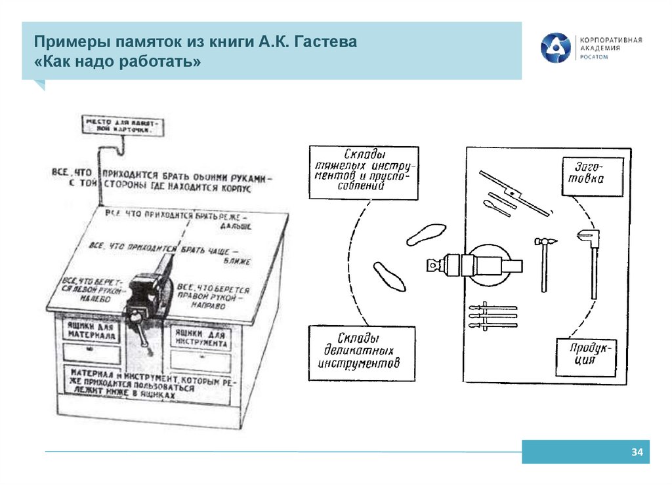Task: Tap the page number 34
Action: (636, 452)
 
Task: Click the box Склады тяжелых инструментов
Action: (363, 172)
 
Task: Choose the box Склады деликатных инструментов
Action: (362, 353)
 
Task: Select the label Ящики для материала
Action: (91, 331)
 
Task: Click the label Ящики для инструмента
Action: (201, 338)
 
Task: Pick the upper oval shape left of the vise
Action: (426, 233)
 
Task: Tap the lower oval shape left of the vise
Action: (389, 276)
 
